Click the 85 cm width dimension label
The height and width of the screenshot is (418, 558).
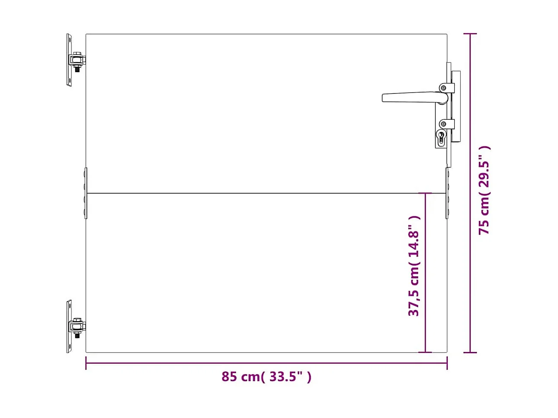click(x=266, y=377)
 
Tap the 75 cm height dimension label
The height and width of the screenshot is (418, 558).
click(x=484, y=190)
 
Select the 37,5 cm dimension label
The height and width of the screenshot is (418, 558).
click(x=414, y=266)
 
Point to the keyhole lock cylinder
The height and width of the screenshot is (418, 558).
click(x=441, y=137)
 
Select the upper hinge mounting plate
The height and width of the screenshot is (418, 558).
click(x=69, y=60)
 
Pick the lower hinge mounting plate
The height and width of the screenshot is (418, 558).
click(x=69, y=327)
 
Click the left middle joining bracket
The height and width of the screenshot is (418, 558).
click(x=85, y=193)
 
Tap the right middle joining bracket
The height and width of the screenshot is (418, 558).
click(x=447, y=193)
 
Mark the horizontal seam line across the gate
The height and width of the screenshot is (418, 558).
click(x=260, y=193)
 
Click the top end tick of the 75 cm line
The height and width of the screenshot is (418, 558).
click(x=470, y=34)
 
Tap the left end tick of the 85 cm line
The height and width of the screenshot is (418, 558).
click(x=86, y=363)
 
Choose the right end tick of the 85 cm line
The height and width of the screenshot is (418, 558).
click(x=447, y=363)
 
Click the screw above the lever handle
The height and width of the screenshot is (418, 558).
click(x=443, y=88)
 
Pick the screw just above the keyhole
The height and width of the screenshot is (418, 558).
click(x=443, y=124)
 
